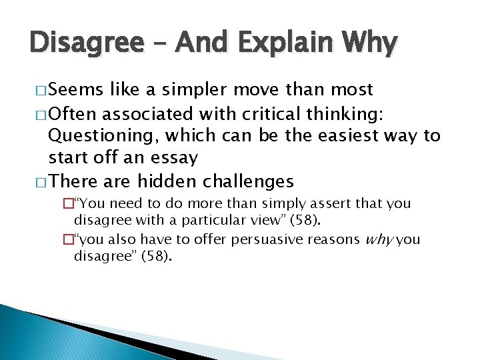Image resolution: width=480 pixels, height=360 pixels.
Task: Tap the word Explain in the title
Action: (x=279, y=45)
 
